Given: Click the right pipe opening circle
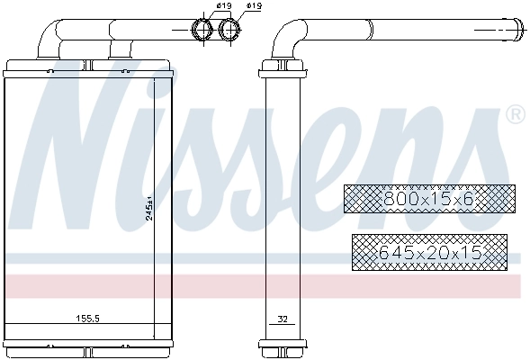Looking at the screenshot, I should click(231, 31).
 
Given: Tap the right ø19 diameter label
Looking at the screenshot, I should click(254, 7).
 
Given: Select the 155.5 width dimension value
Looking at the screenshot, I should click(86, 318).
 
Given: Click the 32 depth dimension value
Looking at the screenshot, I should click(282, 318).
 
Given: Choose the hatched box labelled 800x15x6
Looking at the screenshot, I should click(429, 199).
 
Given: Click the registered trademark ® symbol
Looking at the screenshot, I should click(516, 114).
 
